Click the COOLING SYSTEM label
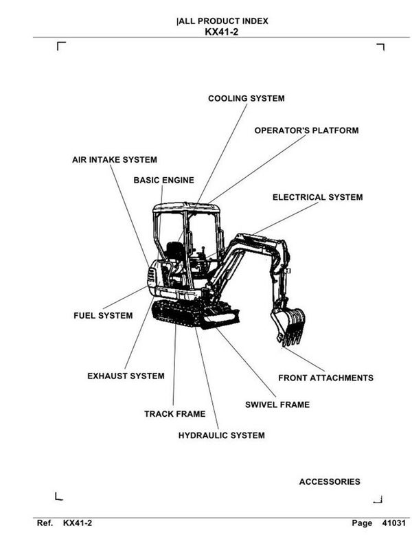246,99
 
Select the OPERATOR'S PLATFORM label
306,130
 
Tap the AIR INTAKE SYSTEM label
114,160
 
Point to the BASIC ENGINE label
163,181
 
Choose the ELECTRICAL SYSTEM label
317,198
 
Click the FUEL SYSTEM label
103,316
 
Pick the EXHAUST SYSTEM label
126,376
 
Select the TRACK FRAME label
174,414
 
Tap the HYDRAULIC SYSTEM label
221,435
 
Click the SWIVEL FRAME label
277,404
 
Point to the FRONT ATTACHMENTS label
325,378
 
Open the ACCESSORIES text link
329,482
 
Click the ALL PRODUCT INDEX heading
222,21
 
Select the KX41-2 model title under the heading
221,32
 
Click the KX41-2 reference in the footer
77,523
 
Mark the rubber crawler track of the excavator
172,312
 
